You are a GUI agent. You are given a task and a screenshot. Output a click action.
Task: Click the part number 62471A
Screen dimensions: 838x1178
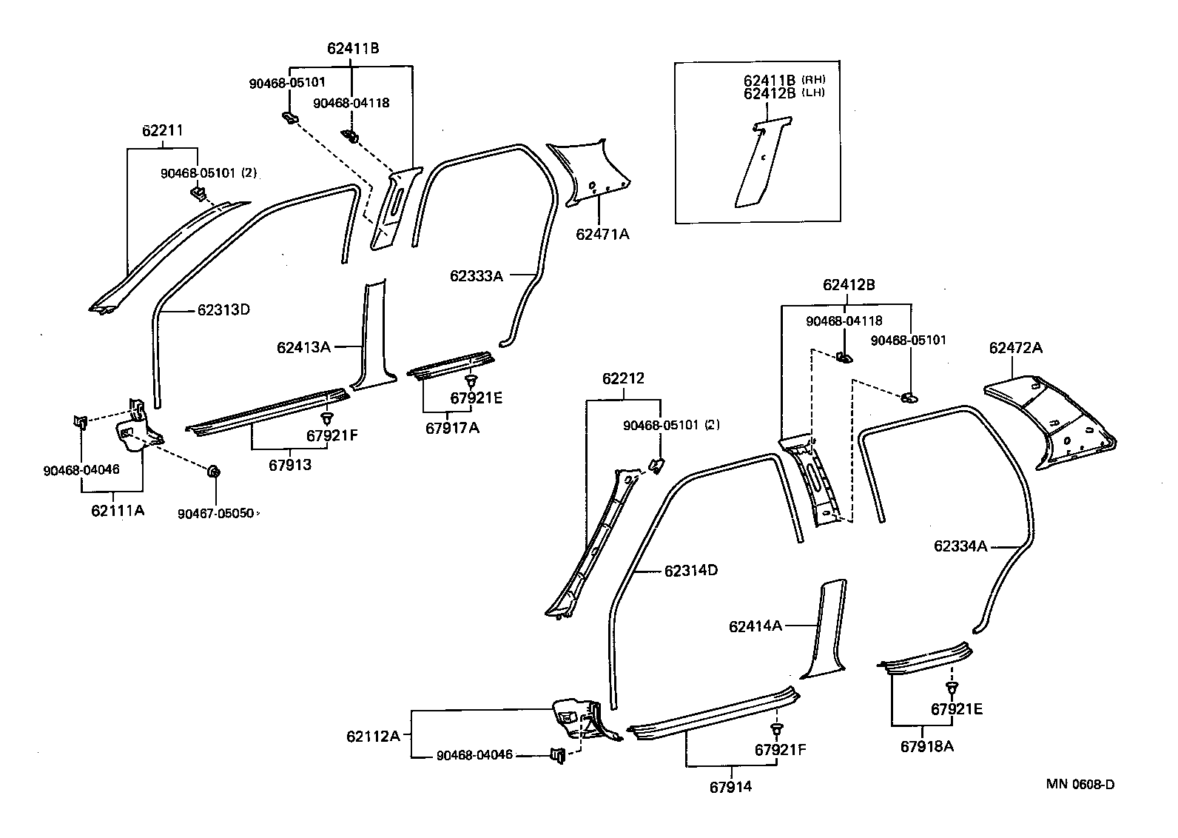602,235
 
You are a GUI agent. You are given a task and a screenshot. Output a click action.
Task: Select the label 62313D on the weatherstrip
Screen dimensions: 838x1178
223,310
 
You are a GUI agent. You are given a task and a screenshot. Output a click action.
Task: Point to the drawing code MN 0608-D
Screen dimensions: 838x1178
1080,784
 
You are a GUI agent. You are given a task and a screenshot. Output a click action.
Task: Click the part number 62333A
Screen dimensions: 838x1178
476,276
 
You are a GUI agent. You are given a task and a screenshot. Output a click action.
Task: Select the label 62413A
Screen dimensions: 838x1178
303,346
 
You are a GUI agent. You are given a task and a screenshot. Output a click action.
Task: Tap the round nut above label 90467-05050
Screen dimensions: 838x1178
214,471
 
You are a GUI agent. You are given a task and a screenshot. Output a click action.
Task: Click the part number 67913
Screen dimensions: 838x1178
289,465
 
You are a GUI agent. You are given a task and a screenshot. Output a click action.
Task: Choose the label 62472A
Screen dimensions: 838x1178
1015,347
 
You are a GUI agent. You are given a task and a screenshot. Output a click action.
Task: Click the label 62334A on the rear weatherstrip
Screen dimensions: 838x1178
960,546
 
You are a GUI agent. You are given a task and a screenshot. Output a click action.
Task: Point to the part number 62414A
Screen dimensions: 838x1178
755,626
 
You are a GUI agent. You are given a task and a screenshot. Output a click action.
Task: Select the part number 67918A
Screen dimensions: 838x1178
926,746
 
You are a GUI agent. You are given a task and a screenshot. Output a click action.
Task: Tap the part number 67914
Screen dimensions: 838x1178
730,787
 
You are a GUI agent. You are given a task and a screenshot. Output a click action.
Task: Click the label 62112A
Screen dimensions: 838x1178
373,736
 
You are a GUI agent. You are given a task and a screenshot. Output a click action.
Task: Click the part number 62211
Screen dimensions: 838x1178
162,131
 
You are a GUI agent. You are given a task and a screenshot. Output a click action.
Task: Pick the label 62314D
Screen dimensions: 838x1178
691,571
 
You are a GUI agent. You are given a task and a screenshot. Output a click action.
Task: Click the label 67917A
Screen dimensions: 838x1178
452,427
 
